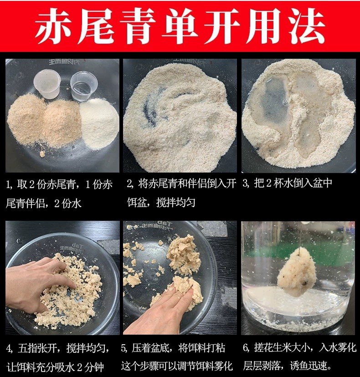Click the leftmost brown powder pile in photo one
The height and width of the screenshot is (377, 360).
pyautogui.click(x=26, y=119)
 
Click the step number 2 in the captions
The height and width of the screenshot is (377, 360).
pyautogui.click(x=129, y=184)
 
